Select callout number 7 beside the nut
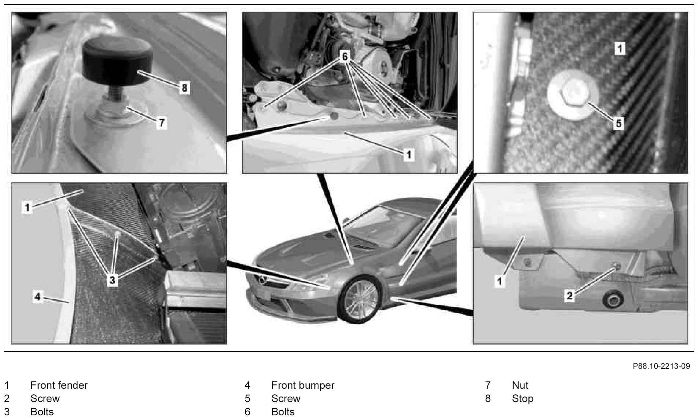(161, 123)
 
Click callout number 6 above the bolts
(345, 57)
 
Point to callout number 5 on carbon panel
(618, 124)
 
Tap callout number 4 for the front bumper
(38, 296)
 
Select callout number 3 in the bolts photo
(112, 280)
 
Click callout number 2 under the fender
(569, 295)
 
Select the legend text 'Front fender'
(59, 385)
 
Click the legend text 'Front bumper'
(303, 385)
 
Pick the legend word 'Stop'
(523, 398)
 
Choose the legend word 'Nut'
(520, 385)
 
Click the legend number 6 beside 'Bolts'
(247, 412)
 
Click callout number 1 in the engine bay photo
(409, 155)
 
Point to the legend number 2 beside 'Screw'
(7, 398)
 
